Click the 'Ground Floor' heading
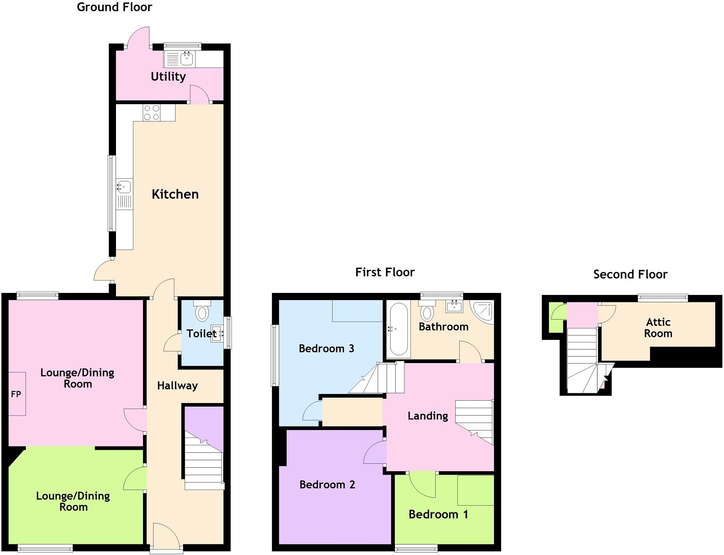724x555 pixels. pos(114,7)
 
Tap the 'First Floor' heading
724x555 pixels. pos(385,272)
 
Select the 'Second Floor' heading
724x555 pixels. pos(630,274)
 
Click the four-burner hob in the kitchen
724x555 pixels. pos(152,112)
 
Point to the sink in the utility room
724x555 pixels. pos(187,59)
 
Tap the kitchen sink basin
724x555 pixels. pos(124,186)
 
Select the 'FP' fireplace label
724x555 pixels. pos(16,394)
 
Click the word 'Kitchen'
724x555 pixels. pos(175,194)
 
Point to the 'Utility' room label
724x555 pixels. pos(168,76)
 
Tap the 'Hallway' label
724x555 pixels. pos(177,386)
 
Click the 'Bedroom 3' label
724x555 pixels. pos(326,349)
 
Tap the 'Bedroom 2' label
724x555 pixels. pos(327,484)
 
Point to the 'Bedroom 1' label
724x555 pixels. pos(438,514)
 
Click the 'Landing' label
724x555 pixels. pos(428,416)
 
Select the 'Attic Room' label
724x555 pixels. pos(658,328)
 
